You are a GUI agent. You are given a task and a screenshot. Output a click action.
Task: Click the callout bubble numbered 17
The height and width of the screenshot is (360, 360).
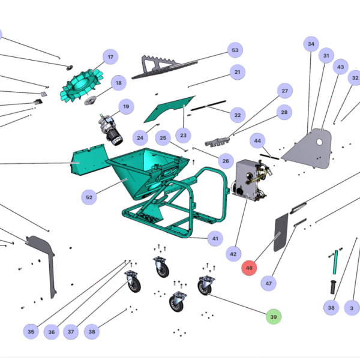(110, 58)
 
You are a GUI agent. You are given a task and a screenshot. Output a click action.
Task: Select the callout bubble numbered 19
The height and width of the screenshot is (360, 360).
(126, 107)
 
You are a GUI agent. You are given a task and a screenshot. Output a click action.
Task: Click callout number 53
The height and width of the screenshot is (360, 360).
(235, 50)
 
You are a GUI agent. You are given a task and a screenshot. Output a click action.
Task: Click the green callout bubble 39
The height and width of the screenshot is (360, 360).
(274, 316)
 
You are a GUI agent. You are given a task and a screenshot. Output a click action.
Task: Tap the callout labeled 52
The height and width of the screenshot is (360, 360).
(89, 197)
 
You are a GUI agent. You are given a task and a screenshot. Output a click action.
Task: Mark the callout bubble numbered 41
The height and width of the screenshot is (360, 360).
(215, 238)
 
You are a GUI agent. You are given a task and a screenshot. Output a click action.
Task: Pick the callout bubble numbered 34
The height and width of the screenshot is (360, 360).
(311, 44)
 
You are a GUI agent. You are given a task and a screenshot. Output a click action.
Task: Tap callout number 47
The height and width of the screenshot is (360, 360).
(269, 283)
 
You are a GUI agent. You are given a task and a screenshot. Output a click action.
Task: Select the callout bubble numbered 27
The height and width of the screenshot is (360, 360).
(284, 91)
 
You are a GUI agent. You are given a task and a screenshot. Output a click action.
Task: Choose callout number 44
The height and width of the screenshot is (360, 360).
(257, 140)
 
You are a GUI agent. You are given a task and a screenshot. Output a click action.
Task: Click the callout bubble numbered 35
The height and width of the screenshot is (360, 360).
(31, 331)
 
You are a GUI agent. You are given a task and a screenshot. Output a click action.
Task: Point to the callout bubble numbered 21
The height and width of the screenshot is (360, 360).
(238, 73)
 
